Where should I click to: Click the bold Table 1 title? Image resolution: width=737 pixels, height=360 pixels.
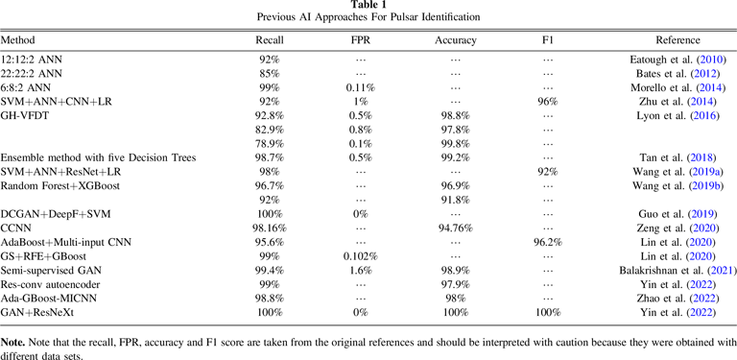368,6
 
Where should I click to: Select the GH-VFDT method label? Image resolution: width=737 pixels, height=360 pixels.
26,114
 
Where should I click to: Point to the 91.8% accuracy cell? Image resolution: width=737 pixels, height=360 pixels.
456,199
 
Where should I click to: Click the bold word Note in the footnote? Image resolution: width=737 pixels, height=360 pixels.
13,341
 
